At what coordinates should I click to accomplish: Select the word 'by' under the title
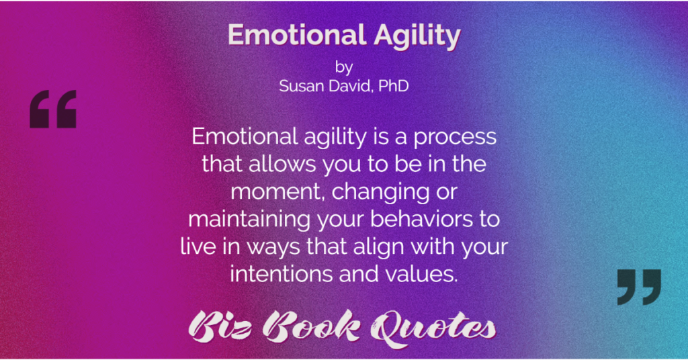344,68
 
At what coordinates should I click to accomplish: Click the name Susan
300,85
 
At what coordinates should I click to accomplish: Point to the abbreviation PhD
394,85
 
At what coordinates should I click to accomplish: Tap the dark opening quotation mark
53,109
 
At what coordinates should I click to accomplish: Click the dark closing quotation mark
639,287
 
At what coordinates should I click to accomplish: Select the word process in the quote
455,138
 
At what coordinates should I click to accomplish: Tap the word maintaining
249,219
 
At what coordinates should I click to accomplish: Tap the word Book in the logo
313,326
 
